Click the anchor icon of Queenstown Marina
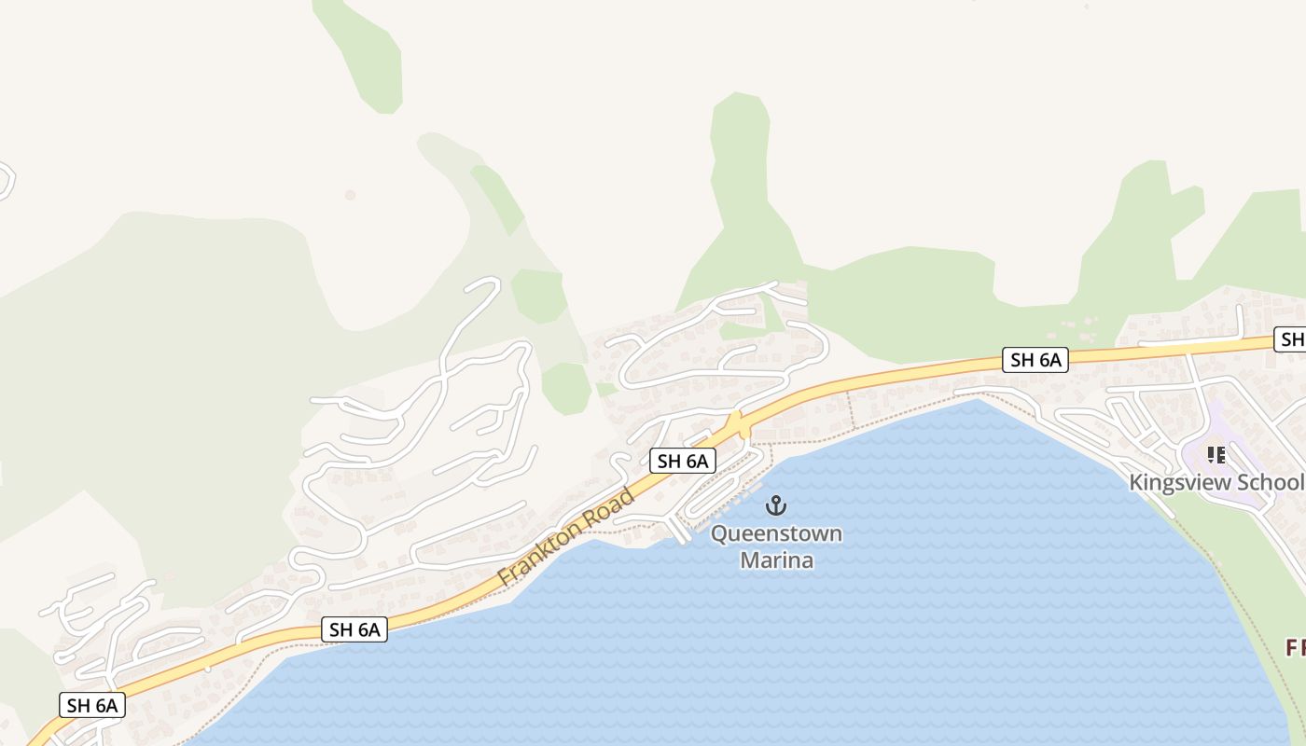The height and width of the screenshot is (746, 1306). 775,506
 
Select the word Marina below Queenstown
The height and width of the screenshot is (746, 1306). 776,560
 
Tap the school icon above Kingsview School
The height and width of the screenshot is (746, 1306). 1216,455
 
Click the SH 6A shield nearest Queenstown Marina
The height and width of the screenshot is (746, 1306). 683,461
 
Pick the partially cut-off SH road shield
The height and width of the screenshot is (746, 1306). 1291,340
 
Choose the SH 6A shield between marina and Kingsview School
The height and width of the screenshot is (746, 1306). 1035,360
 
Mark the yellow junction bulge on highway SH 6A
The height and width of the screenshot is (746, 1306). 738,425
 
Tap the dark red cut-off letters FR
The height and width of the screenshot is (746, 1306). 1295,647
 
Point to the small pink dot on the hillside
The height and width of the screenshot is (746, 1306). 350,195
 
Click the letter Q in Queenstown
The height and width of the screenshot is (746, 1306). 719,534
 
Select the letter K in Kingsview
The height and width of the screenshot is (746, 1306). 1136,482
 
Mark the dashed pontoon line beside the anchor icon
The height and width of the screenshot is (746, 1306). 746,493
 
